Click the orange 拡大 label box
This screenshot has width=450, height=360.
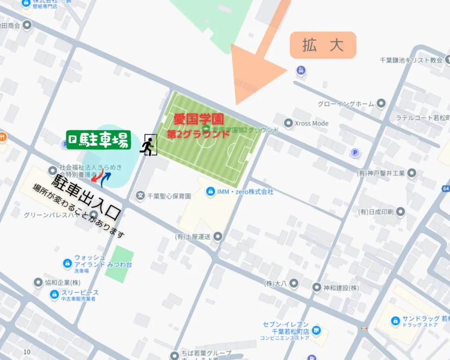323,45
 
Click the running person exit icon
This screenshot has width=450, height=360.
148,145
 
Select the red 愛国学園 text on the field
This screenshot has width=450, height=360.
199,119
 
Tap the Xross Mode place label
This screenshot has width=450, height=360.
311,124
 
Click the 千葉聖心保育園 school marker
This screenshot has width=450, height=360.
140,196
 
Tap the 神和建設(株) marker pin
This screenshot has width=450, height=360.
317,287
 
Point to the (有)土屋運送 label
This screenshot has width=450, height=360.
194,236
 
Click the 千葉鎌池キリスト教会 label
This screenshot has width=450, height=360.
411,60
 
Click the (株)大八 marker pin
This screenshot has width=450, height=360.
294,283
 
